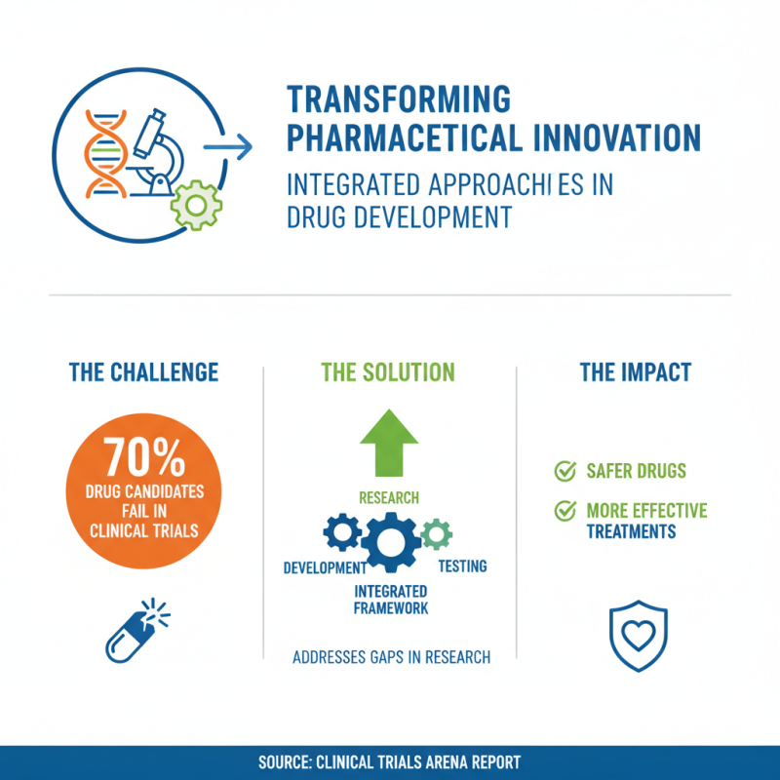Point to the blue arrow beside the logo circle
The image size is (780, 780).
(230, 147)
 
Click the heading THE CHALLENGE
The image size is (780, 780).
(144, 371)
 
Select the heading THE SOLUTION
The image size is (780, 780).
(389, 371)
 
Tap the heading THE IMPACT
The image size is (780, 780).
(635, 371)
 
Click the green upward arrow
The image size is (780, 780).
(389, 445)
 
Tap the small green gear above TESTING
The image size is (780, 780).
(437, 531)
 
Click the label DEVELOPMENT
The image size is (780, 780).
(325, 567)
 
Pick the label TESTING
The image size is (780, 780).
(462, 566)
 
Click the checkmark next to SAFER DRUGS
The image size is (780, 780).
(564, 472)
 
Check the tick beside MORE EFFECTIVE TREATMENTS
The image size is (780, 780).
(564, 511)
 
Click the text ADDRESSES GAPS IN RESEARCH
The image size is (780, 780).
(391, 657)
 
